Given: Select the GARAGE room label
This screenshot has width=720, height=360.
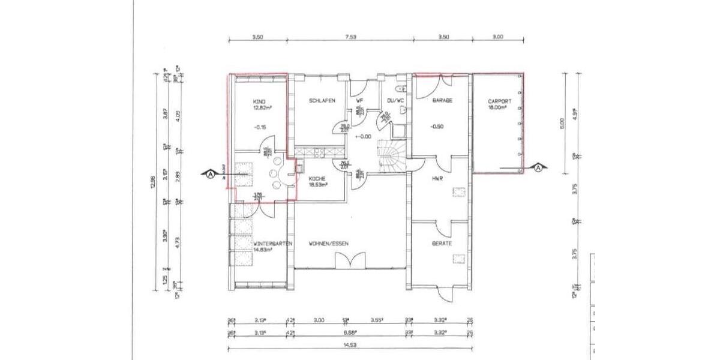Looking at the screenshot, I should pos(442,101).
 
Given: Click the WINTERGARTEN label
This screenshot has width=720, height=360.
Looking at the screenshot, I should pos(272,244).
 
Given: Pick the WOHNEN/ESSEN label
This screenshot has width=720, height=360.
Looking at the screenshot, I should pos(329,244).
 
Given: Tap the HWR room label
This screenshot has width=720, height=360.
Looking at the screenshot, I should pos(437,178).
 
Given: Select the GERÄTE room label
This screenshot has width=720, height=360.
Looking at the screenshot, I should pos(442,244).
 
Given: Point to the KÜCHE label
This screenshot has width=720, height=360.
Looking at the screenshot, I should pos(317,178).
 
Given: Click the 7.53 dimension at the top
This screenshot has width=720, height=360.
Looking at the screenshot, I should pos(350,37).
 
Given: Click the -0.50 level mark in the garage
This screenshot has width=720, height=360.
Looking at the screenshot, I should pos(438,127).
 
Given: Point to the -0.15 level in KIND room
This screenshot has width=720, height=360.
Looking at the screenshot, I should pos(260,127).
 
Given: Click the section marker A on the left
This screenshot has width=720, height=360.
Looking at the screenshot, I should pos(210,175).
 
